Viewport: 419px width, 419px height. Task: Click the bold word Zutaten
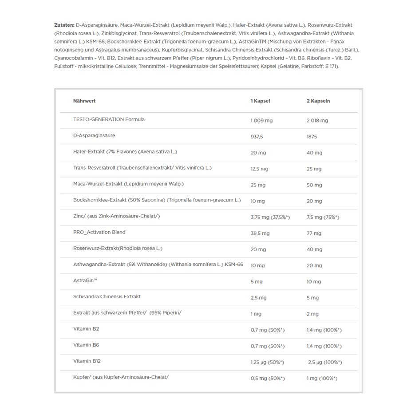pyautogui.click(x=64, y=25)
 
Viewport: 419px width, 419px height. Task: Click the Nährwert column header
pyautogui.click(x=84, y=101)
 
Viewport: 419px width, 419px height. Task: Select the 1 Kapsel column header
pyautogui.click(x=260, y=101)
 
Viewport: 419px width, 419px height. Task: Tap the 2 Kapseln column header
pyautogui.click(x=318, y=101)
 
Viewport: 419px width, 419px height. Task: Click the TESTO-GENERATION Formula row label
pyautogui.click(x=109, y=119)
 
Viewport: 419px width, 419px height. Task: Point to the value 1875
pyautogui.click(x=312, y=137)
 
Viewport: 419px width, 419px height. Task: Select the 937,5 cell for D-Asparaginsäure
pyautogui.click(x=257, y=137)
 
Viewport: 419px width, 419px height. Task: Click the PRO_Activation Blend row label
pyautogui.click(x=99, y=232)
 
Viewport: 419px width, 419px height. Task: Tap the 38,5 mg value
pyautogui.click(x=261, y=233)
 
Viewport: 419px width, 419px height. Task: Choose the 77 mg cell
pyautogui.click(x=314, y=233)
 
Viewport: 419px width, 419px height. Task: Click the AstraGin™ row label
pyautogui.click(x=85, y=281)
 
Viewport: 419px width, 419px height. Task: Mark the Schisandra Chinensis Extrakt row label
pyautogui.click(x=107, y=296)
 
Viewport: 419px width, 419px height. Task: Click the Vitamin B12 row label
pyautogui.click(x=87, y=361)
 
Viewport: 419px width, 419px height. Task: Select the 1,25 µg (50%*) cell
pyautogui.click(x=267, y=363)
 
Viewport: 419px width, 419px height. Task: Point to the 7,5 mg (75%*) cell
pyautogui.click(x=323, y=217)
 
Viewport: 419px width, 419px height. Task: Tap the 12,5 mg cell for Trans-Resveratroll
pyautogui.click(x=260, y=169)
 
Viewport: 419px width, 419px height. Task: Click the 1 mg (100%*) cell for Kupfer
pyautogui.click(x=322, y=379)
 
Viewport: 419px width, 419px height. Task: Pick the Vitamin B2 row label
pyautogui.click(x=86, y=329)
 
